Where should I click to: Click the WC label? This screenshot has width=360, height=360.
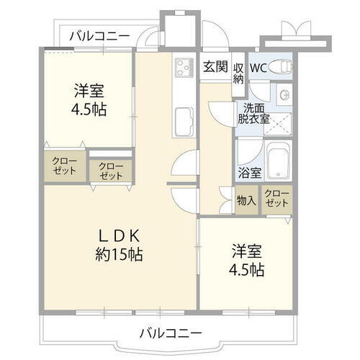(x=258, y=67)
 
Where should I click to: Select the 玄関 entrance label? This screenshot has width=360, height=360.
(x=215, y=67)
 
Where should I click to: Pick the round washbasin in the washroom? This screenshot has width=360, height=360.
(x=284, y=94)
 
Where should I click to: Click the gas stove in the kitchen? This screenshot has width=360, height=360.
(x=182, y=69)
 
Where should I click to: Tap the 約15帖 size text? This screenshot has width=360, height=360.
(x=118, y=254)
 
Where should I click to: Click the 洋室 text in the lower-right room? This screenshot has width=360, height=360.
(x=247, y=253)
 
